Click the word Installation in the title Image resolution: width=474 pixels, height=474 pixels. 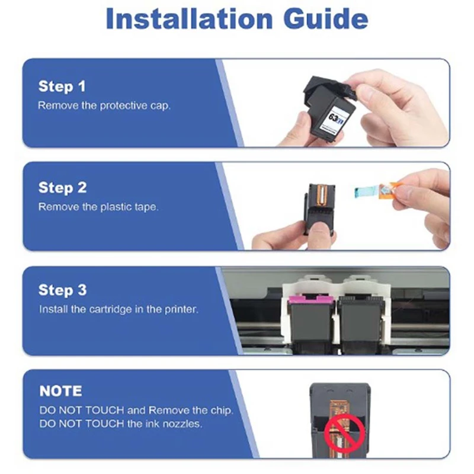coord(189,19)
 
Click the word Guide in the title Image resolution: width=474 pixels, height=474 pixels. coord(325,19)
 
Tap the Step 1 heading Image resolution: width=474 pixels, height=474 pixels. coord(62,87)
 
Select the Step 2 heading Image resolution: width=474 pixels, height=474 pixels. coord(63,188)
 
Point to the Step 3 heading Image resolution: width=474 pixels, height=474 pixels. coord(63,290)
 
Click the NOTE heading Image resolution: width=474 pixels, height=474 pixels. coord(60,391)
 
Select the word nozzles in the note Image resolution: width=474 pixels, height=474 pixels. coord(182,424)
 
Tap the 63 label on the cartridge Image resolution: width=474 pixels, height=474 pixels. coord(333,117)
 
